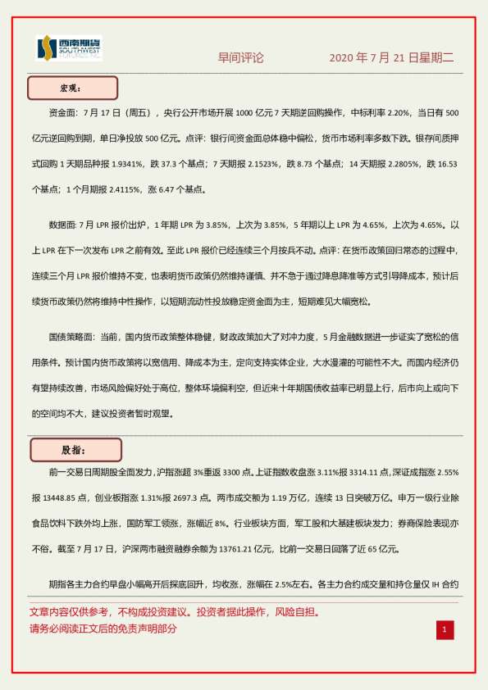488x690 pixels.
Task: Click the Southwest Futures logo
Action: (69, 49)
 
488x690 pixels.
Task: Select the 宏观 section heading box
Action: (73, 88)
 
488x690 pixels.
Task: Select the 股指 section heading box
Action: (75, 450)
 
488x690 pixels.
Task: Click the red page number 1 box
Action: (445, 629)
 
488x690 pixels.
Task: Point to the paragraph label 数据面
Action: (63, 225)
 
